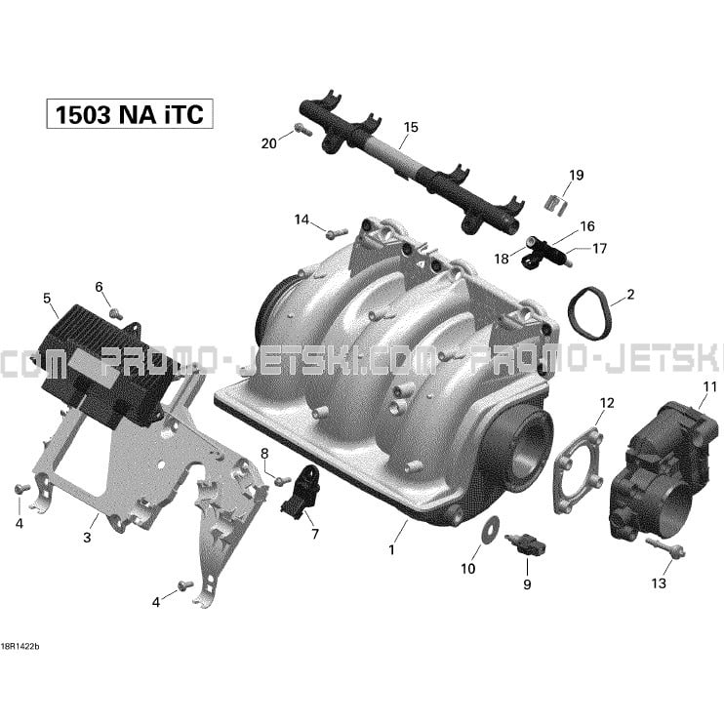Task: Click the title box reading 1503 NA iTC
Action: click(x=130, y=113)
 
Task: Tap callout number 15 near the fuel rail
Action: click(x=411, y=127)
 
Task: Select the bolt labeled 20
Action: click(x=302, y=129)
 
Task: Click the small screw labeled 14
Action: click(x=337, y=233)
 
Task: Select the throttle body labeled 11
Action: click(x=664, y=471)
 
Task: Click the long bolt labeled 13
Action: click(x=665, y=547)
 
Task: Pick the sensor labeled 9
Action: click(x=525, y=545)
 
